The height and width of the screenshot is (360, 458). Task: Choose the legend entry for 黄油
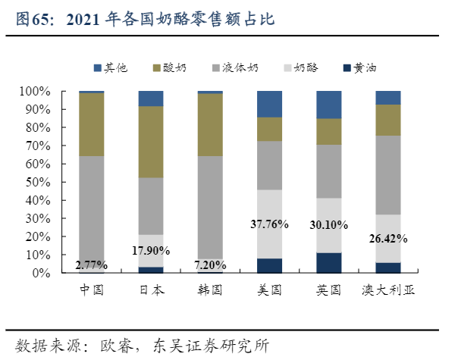tap(365, 67)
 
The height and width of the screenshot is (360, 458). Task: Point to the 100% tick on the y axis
tap(55, 92)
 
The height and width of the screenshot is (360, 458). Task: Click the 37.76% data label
tap(270, 224)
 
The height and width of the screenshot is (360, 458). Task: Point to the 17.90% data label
tap(151, 251)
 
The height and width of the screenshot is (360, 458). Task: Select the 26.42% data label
tap(388, 238)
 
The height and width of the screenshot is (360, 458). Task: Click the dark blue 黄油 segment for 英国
tap(329, 263)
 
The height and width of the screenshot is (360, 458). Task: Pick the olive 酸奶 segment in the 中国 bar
tap(92, 124)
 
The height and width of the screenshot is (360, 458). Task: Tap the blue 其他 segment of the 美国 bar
tap(270, 104)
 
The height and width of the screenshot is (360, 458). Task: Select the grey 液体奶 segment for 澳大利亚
tap(388, 175)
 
